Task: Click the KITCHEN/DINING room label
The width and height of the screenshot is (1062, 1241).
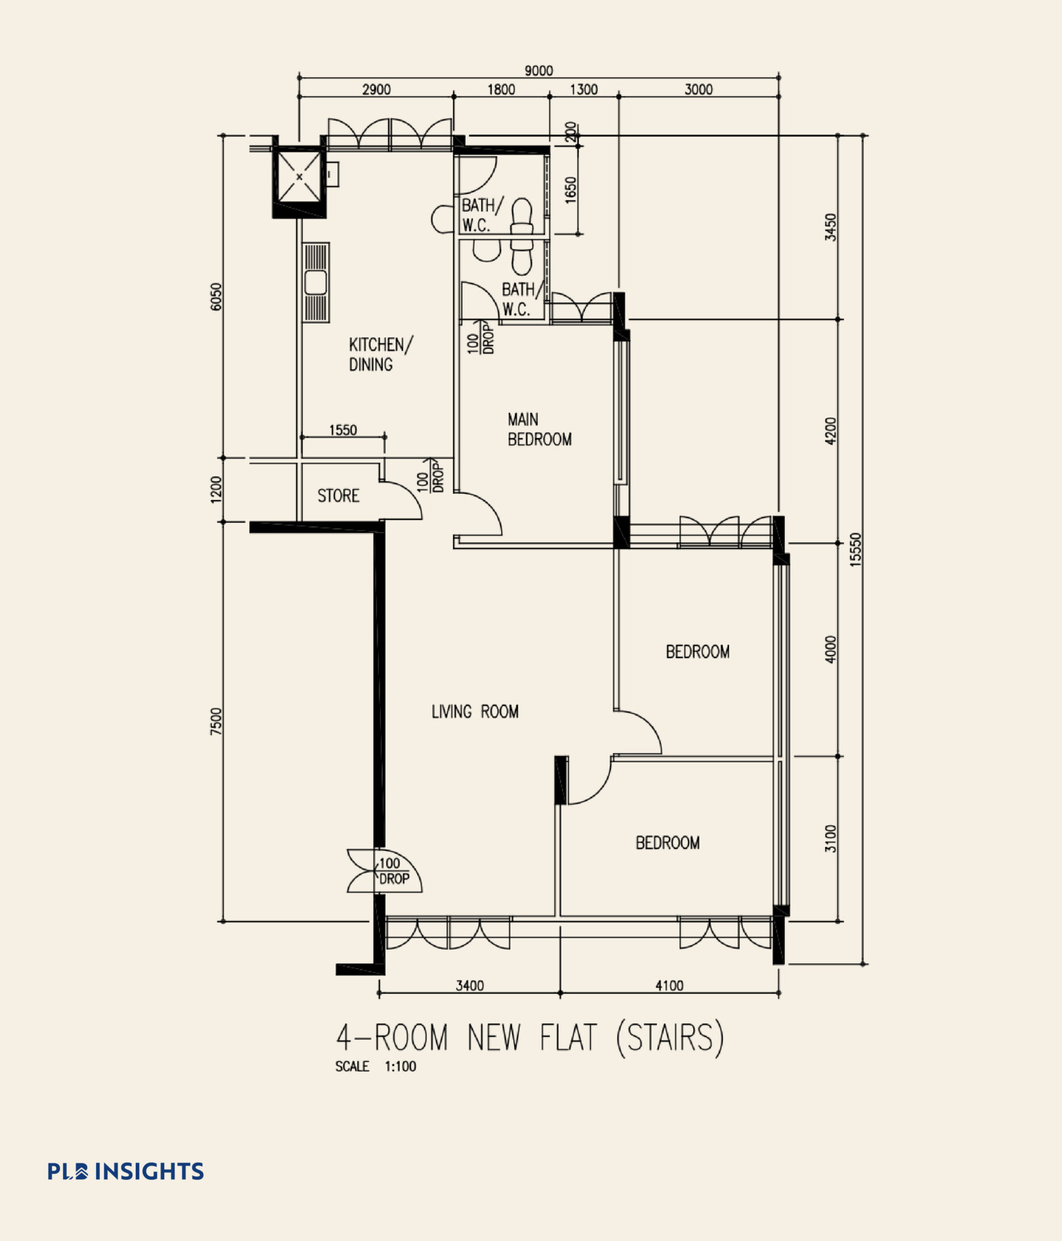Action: pos(380,354)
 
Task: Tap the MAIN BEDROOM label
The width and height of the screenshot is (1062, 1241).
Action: pos(539,429)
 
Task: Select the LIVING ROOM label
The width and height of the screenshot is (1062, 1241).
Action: pos(475,711)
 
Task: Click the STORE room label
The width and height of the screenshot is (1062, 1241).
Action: pos(338,496)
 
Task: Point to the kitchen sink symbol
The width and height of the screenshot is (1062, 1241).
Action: pos(316,282)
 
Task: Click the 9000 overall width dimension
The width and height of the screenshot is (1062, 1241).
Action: pos(538,71)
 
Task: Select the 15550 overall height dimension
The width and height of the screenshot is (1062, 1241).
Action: pos(854,550)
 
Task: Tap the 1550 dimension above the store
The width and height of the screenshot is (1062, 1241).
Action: pos(343,430)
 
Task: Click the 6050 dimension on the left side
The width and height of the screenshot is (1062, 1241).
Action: pos(216,296)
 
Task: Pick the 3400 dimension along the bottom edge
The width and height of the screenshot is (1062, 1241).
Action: pos(469,985)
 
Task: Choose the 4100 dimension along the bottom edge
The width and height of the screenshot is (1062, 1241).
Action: pos(669,985)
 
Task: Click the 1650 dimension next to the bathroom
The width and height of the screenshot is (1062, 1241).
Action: pos(570,190)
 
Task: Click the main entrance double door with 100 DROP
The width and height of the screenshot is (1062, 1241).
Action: pos(384,871)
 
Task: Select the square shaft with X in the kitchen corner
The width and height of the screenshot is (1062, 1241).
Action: pos(299,177)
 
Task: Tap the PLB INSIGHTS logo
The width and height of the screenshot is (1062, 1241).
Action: pos(126,1171)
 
